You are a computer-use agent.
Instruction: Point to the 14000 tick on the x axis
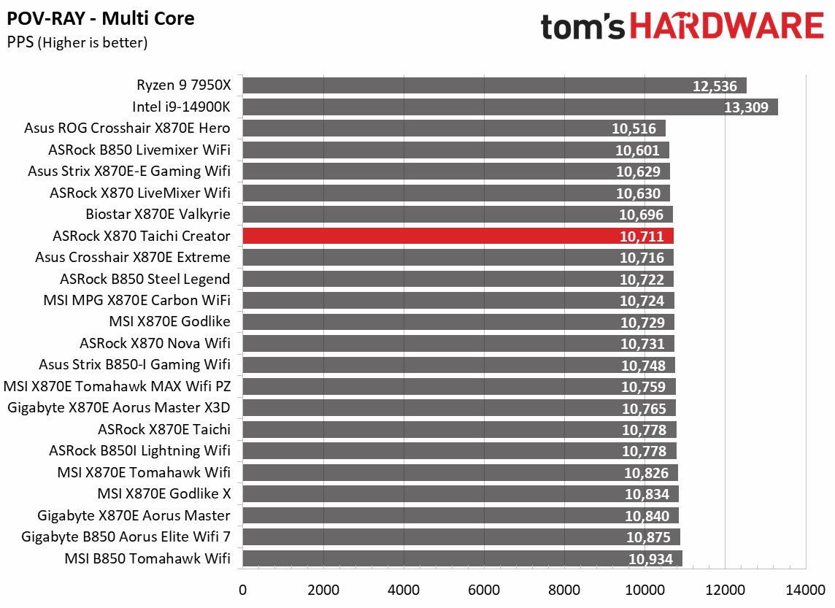point(805,589)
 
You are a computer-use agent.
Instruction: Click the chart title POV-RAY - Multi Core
point(101,18)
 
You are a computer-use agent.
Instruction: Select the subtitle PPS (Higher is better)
point(77,42)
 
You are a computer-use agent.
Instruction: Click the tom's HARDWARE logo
point(682,26)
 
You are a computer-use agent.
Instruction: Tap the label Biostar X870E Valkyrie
point(158,215)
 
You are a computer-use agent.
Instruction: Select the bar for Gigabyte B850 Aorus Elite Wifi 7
point(461,537)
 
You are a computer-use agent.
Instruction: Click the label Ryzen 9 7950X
point(183,85)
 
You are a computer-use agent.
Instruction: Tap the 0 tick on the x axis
point(242,589)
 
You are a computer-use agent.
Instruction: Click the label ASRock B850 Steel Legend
point(145,279)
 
